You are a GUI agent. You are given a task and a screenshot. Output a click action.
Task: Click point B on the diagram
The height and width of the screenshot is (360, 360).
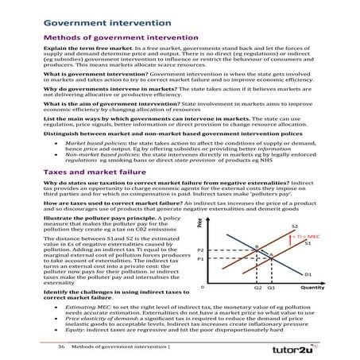[x=257, y=246]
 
